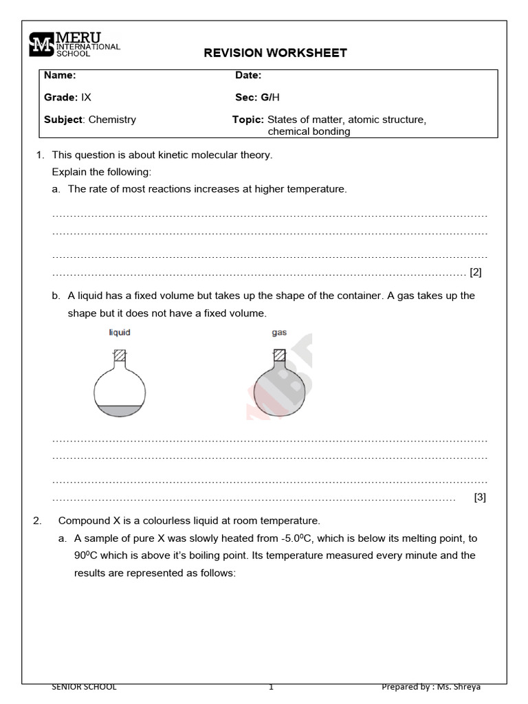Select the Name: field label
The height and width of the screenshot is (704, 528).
point(60,76)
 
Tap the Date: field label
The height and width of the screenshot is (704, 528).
point(248,76)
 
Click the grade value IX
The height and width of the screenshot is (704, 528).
point(87,98)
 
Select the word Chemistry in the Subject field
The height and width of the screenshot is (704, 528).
point(112,120)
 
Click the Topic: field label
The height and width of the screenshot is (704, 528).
point(248,120)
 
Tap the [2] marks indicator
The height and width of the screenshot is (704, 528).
point(476,272)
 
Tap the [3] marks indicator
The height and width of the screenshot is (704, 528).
point(480,498)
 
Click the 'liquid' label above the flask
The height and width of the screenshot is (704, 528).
point(120,333)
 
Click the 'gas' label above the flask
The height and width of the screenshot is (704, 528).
point(279,333)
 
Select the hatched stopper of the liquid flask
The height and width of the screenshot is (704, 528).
point(120,355)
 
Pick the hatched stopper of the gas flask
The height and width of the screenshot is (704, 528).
point(279,355)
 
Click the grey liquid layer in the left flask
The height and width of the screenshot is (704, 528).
point(120,410)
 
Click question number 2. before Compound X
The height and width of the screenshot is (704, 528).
point(38,521)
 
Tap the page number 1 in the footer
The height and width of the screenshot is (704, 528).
point(271,686)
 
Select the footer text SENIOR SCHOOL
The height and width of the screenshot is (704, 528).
point(85,686)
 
